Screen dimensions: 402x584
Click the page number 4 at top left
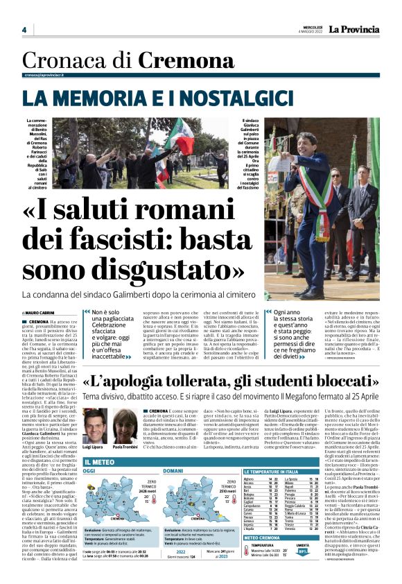24,30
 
